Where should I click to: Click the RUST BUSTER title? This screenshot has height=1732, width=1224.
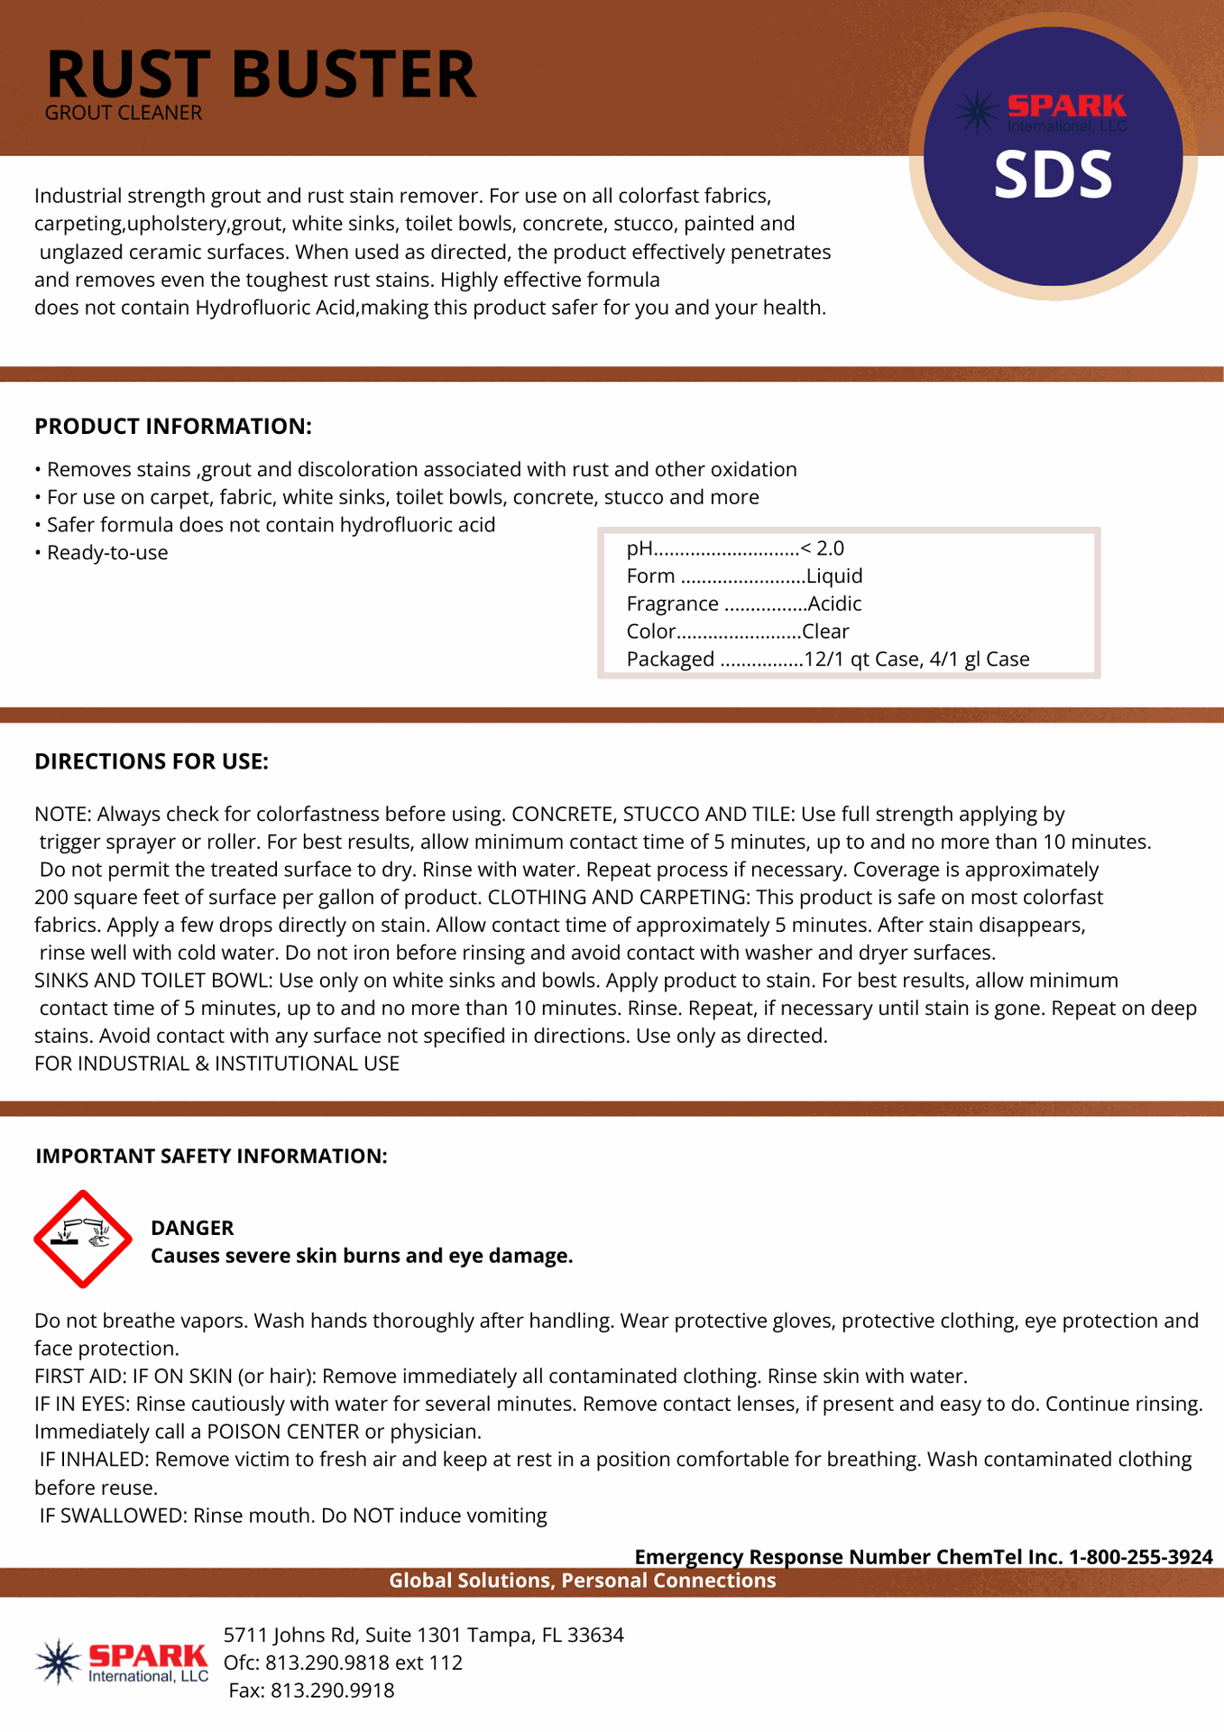click(x=261, y=74)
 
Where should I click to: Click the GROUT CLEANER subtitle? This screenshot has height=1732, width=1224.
click(x=124, y=114)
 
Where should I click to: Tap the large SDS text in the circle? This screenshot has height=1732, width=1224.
click(x=1053, y=175)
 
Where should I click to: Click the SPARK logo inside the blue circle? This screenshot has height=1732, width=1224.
click(x=1042, y=112)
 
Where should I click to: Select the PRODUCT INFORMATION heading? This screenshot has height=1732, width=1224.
click(x=173, y=427)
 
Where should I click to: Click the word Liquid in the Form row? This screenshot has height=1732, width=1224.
click(x=834, y=576)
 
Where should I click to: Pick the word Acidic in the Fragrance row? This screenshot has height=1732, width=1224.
click(x=834, y=603)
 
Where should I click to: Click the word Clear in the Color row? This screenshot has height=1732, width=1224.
click(x=825, y=631)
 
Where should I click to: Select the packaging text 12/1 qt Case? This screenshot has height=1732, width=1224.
click(x=861, y=659)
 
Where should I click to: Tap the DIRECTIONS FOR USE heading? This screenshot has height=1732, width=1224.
click(x=152, y=761)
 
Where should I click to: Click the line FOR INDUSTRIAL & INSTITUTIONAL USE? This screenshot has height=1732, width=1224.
click(x=216, y=1064)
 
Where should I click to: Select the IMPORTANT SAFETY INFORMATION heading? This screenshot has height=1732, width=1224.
click(x=211, y=1156)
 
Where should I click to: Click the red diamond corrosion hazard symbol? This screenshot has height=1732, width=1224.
click(x=82, y=1239)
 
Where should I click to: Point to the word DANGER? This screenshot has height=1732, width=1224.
click(x=192, y=1228)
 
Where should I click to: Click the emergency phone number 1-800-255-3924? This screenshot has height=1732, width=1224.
click(x=1140, y=1557)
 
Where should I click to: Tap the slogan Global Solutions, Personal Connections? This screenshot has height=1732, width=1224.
click(x=582, y=1580)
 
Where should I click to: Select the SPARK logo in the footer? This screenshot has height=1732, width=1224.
click(x=123, y=1662)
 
